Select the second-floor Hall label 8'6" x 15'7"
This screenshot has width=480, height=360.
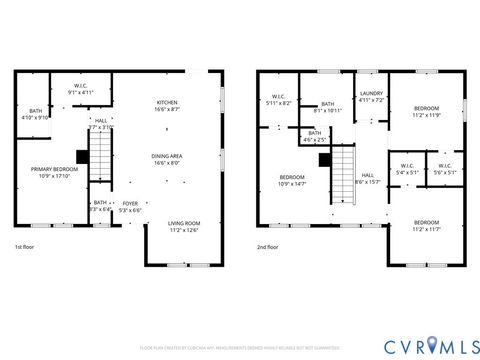coord(367,178)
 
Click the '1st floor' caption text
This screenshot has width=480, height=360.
coord(27,246)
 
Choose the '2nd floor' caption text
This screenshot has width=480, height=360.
coord(268,246)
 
